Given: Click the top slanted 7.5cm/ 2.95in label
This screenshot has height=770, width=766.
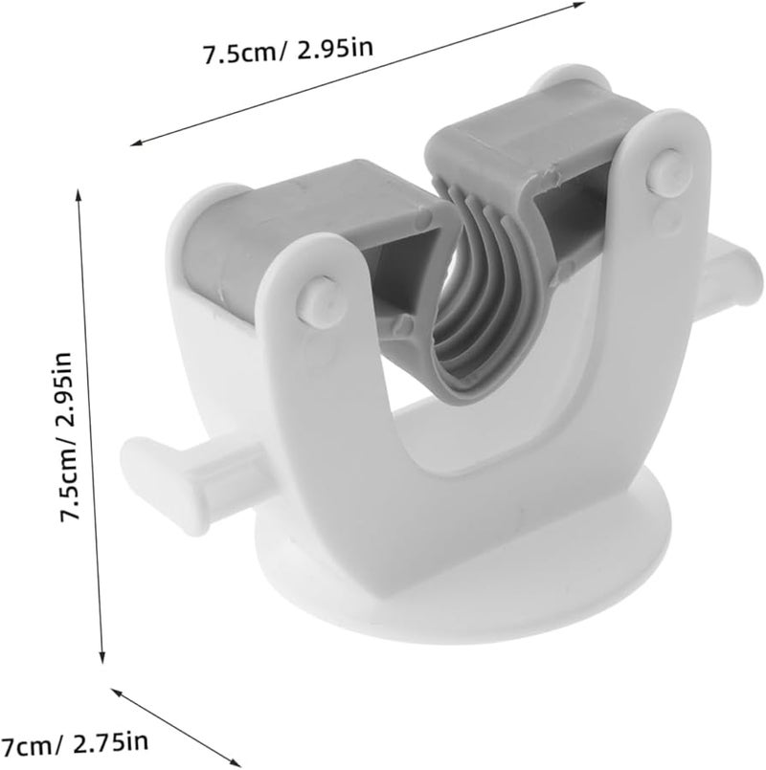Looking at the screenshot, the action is (288, 51).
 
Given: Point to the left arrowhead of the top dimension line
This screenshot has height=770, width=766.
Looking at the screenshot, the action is (136, 143).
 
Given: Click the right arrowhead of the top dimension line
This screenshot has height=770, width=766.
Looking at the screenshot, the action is (578, 5).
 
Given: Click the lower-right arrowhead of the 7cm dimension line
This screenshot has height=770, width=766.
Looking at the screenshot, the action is (234, 761).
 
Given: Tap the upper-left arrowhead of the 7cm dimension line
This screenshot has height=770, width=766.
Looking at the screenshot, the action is (118, 692).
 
